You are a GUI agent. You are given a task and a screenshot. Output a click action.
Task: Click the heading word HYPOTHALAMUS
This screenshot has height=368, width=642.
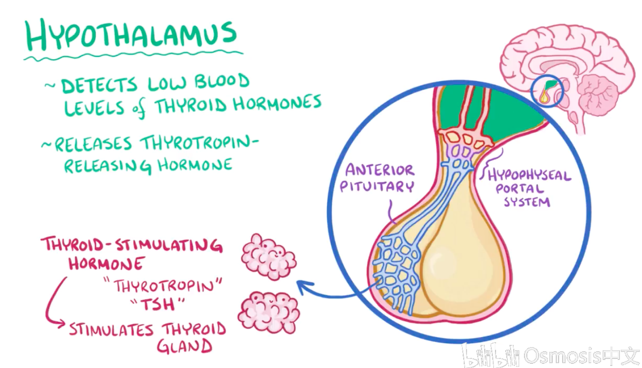[x=131, y=34]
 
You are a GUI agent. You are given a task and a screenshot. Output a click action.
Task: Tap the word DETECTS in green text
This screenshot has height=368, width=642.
[x=99, y=85]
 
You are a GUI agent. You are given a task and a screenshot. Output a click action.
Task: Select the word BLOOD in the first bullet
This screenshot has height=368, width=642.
[x=221, y=81]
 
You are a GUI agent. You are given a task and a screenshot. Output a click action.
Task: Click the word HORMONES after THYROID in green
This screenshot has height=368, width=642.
[x=277, y=103]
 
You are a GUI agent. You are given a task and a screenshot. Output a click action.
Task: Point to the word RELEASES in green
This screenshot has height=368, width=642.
[x=93, y=144]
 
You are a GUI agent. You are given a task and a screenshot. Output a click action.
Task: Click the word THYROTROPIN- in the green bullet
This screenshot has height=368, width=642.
[x=200, y=143]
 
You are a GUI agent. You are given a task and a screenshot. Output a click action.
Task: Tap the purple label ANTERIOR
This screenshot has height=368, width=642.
[x=380, y=170]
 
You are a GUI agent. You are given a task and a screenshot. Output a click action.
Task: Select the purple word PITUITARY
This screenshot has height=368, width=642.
[x=376, y=187]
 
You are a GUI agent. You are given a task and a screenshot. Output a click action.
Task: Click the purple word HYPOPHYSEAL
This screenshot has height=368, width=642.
[x=529, y=175]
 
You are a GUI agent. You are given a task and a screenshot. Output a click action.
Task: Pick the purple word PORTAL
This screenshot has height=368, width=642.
[x=520, y=189]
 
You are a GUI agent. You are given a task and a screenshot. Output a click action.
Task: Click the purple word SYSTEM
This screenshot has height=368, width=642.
[x=527, y=202]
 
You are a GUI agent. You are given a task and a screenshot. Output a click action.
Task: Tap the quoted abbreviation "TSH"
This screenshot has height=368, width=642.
[x=157, y=304]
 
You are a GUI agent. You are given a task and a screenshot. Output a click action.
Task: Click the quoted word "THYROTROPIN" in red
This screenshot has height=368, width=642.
[x=163, y=286]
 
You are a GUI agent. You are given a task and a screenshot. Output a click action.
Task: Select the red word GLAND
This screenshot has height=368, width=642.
[x=185, y=346]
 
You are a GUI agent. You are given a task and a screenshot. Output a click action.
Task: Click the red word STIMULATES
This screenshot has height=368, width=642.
[x=111, y=329]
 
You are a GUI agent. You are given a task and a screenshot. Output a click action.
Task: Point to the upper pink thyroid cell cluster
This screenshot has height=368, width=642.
[x=269, y=257]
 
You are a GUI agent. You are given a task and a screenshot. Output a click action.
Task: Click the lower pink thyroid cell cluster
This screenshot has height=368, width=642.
[x=269, y=312]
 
